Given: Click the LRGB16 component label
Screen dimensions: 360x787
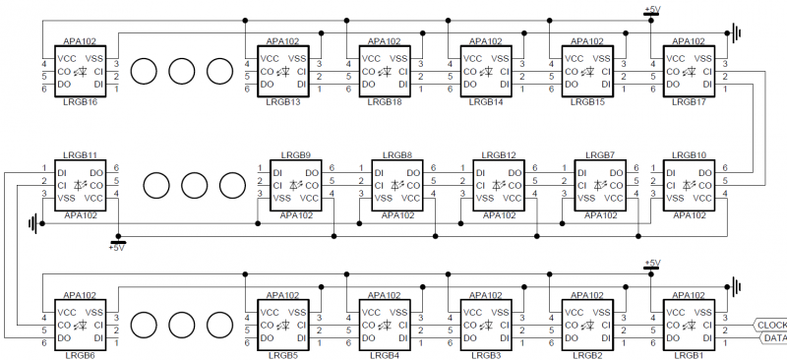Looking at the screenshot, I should coord(78,101).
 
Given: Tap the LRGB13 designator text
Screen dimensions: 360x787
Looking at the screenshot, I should coord(282,101).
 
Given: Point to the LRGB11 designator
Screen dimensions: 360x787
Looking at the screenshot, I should coord(79,155).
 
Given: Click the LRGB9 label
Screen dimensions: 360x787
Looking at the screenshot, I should coord(295,155).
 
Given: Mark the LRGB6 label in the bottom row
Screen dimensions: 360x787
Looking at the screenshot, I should coord(78,354).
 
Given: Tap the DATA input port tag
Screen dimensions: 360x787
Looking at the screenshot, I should coord(773,338).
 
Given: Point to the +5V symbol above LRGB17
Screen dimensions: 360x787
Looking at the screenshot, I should coord(651,12).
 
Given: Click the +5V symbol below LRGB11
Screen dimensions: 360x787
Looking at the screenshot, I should coord(117,244).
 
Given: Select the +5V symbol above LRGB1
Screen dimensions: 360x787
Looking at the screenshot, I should coord(651,266).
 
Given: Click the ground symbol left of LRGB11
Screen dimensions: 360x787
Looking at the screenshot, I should coord(34,224).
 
